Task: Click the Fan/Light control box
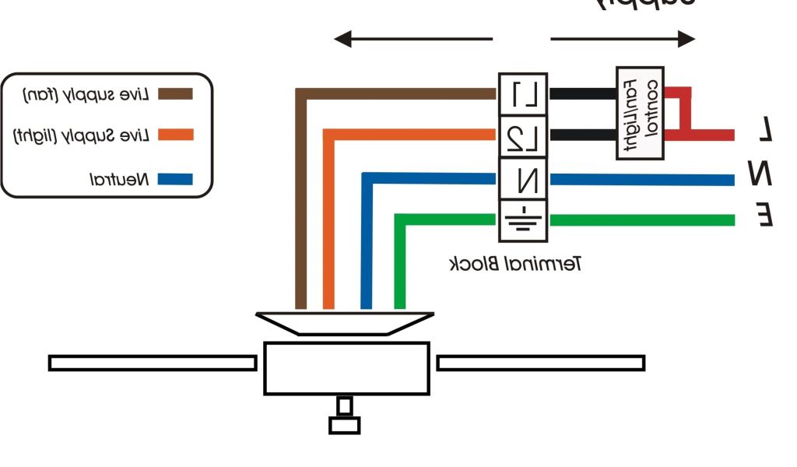(x=640, y=113)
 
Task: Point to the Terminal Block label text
(x=516, y=264)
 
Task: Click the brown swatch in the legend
(x=174, y=94)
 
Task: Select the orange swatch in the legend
(x=174, y=135)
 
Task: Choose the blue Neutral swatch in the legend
(x=174, y=180)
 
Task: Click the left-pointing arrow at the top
(x=413, y=39)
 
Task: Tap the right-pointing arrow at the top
(x=623, y=39)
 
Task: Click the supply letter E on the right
(x=766, y=214)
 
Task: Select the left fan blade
(x=153, y=363)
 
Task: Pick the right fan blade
(x=540, y=363)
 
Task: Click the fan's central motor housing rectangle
(x=346, y=368)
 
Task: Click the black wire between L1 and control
(x=582, y=94)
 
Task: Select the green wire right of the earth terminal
(x=641, y=220)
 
